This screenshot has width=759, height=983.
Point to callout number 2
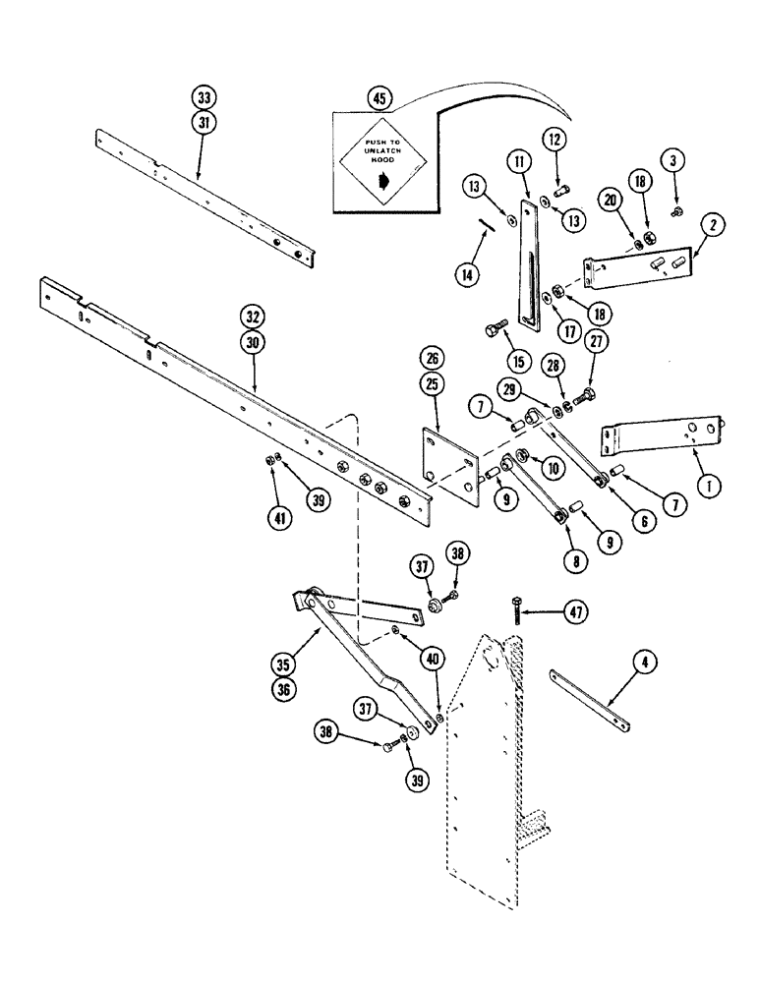tap(712, 225)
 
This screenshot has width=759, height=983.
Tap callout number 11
tap(518, 160)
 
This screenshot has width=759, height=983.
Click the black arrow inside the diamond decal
tap(382, 181)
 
